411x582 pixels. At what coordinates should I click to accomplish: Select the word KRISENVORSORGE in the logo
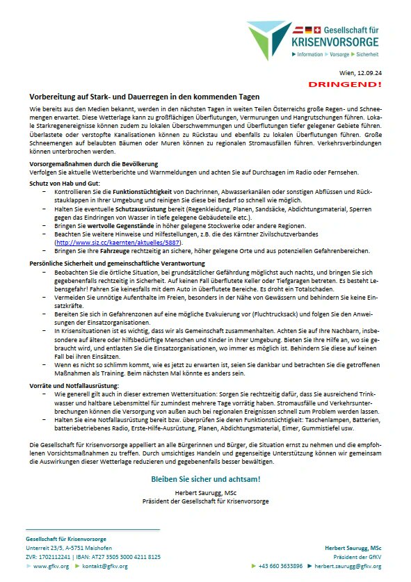pos(333,43)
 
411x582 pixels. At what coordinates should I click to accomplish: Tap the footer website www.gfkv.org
pos(51,567)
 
